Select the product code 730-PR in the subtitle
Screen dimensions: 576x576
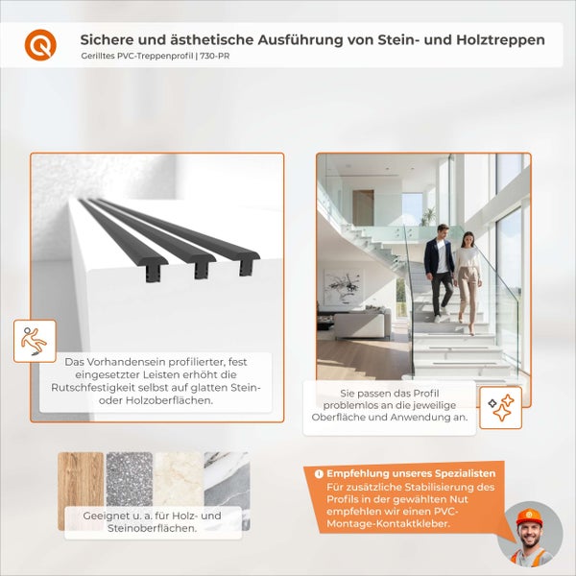tap(215, 57)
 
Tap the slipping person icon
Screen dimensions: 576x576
tap(35, 340)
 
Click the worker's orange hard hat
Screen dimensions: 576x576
tap(530, 516)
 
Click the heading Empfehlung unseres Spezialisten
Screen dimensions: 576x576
tap(411, 474)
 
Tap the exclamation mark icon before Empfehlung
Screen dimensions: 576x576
tap(318, 474)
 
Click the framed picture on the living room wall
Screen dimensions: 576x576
tap(343, 285)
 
